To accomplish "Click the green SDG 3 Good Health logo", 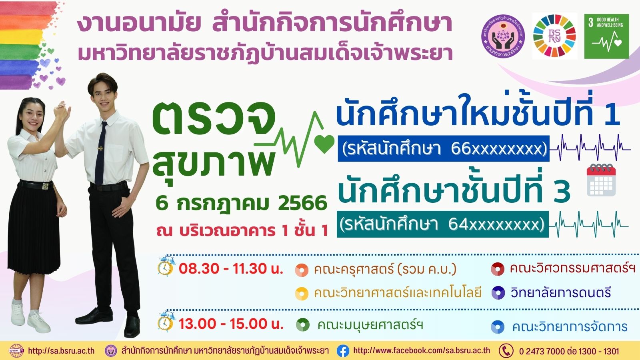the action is (606, 36).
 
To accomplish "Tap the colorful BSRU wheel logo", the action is (554, 36).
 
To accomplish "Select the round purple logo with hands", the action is (503, 36).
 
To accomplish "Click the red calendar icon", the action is (601, 180).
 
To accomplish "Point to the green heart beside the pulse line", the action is (324, 144).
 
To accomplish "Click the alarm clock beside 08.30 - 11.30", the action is (166, 266).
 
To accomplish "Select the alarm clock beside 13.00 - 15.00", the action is (166, 322).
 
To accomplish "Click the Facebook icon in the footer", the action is (343, 350).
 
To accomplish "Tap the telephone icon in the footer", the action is (506, 350).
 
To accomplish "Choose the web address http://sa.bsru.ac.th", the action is (61, 351).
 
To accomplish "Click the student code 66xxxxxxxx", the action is (499, 149).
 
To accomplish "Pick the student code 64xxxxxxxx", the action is (496, 224).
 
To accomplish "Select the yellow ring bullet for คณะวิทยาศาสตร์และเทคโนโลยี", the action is (302, 294).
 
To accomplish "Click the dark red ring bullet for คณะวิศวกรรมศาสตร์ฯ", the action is (498, 269).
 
